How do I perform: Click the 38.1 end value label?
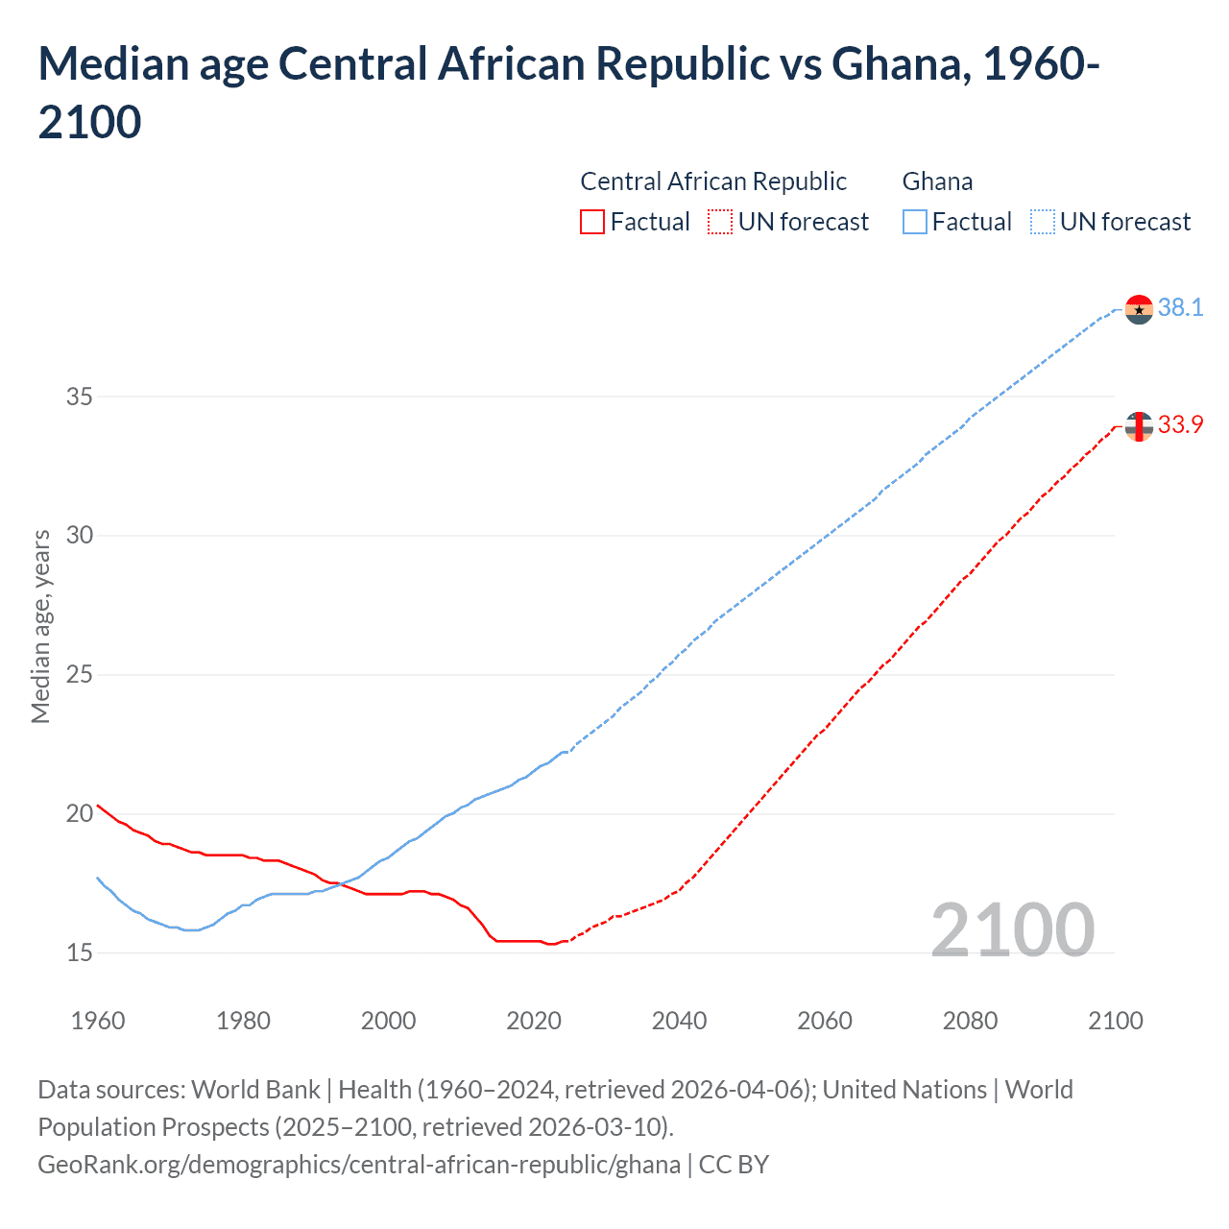(x=1180, y=307)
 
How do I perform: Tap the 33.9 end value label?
(x=1180, y=424)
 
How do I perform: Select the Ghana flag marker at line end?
(x=1139, y=309)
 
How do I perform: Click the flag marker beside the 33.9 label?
(x=1139, y=426)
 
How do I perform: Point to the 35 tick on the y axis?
(x=80, y=397)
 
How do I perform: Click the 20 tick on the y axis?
(x=80, y=813)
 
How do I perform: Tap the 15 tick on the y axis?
(x=80, y=952)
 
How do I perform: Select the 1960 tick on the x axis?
(x=98, y=1021)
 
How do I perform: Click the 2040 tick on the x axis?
(x=679, y=1021)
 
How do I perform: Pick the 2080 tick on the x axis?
(x=970, y=1021)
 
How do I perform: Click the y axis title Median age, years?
(x=40, y=626)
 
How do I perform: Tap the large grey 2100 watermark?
(x=1012, y=930)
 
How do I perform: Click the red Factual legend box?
(x=592, y=222)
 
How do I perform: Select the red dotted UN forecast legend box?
(x=720, y=222)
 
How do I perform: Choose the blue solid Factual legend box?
(x=915, y=222)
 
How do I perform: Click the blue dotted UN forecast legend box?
(x=1042, y=222)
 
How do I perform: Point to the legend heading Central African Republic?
(x=713, y=181)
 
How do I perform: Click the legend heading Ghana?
(x=937, y=181)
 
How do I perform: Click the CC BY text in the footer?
(x=734, y=1165)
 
